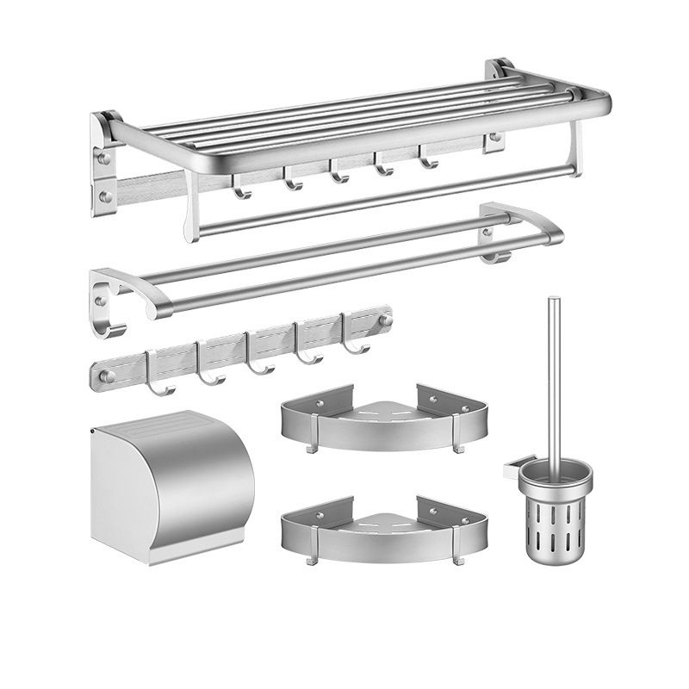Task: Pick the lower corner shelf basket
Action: click(383, 525)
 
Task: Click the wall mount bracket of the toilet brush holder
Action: click(510, 471)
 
